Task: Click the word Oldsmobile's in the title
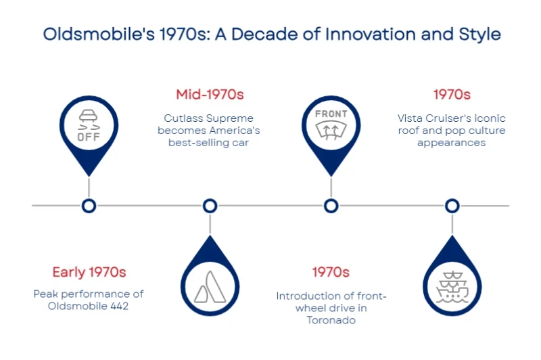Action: click(x=99, y=34)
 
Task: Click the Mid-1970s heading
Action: click(x=210, y=94)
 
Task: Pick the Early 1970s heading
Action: click(x=89, y=272)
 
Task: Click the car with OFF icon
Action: click(x=89, y=125)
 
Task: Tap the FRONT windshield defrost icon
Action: click(x=331, y=125)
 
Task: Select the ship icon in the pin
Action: click(x=452, y=286)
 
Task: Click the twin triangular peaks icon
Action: click(x=210, y=287)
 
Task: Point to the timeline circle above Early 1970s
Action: click(x=89, y=206)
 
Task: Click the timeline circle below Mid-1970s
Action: click(x=210, y=206)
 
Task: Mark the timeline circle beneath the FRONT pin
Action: click(x=331, y=206)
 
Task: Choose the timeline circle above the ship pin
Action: click(x=452, y=206)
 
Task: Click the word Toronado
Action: click(x=331, y=320)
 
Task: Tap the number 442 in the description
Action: click(x=120, y=306)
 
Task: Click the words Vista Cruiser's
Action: click(x=434, y=118)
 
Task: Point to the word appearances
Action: click(x=451, y=143)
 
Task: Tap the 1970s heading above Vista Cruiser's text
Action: click(x=452, y=94)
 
